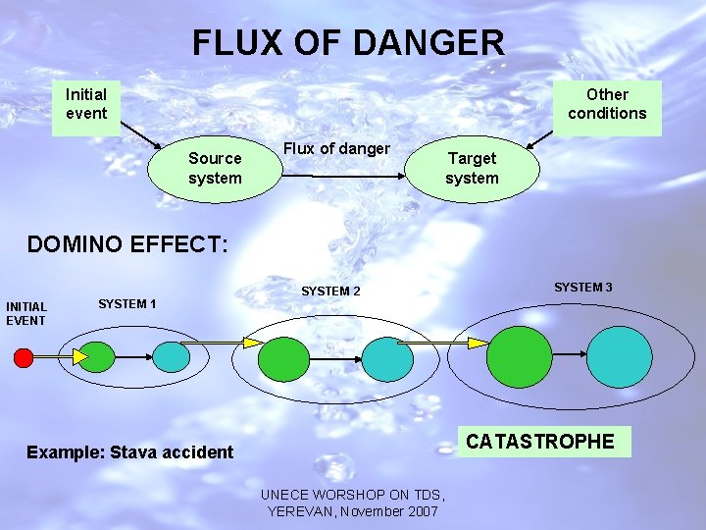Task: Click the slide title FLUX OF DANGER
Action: pyautogui.click(x=348, y=42)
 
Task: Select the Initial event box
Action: pyautogui.click(x=86, y=105)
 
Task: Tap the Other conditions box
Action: pyautogui.click(x=607, y=105)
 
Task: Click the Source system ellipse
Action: pyautogui.click(x=214, y=169)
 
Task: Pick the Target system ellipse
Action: pyautogui.click(x=472, y=169)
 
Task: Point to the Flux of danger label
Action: pyautogui.click(x=336, y=149)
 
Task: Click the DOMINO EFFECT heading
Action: pyautogui.click(x=127, y=244)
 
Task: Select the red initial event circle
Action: pyautogui.click(x=24, y=357)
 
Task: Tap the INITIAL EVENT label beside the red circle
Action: pyautogui.click(x=26, y=314)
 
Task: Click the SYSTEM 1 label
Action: pyautogui.click(x=127, y=304)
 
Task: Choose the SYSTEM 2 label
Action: pyautogui.click(x=330, y=291)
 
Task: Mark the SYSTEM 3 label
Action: pyautogui.click(x=583, y=288)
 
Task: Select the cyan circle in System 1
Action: pyautogui.click(x=173, y=356)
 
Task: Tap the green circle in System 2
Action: pyautogui.click(x=284, y=358)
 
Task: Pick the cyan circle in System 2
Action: pyautogui.click(x=388, y=359)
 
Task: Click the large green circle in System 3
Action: pyautogui.click(x=520, y=357)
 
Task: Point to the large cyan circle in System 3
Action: pyautogui.click(x=620, y=357)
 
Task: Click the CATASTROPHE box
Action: pyautogui.click(x=540, y=443)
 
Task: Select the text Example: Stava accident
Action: pyautogui.click(x=130, y=452)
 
